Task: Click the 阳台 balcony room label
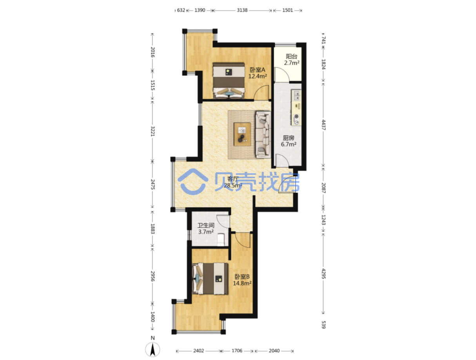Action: pos(291,56)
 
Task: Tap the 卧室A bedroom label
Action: pos(257,70)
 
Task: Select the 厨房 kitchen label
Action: pos(288,138)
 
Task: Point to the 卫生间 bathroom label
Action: pos(205,225)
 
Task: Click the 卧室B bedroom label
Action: pos(242,277)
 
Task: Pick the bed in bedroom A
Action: pos(228,81)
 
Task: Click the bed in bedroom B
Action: pos(210,279)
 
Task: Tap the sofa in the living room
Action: pos(263,134)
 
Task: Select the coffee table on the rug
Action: pos(242,134)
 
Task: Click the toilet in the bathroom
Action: pos(220,240)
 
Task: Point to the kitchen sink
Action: pos(296,95)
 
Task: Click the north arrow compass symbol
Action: pos(153,349)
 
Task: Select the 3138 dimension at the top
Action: pos(242,10)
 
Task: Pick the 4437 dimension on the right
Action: pos(323,125)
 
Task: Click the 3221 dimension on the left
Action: pos(153,131)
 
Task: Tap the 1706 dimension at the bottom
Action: pos(237,351)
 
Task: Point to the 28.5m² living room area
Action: pos(233,185)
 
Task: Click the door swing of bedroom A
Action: pos(262,92)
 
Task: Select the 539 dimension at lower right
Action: pos(323,324)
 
